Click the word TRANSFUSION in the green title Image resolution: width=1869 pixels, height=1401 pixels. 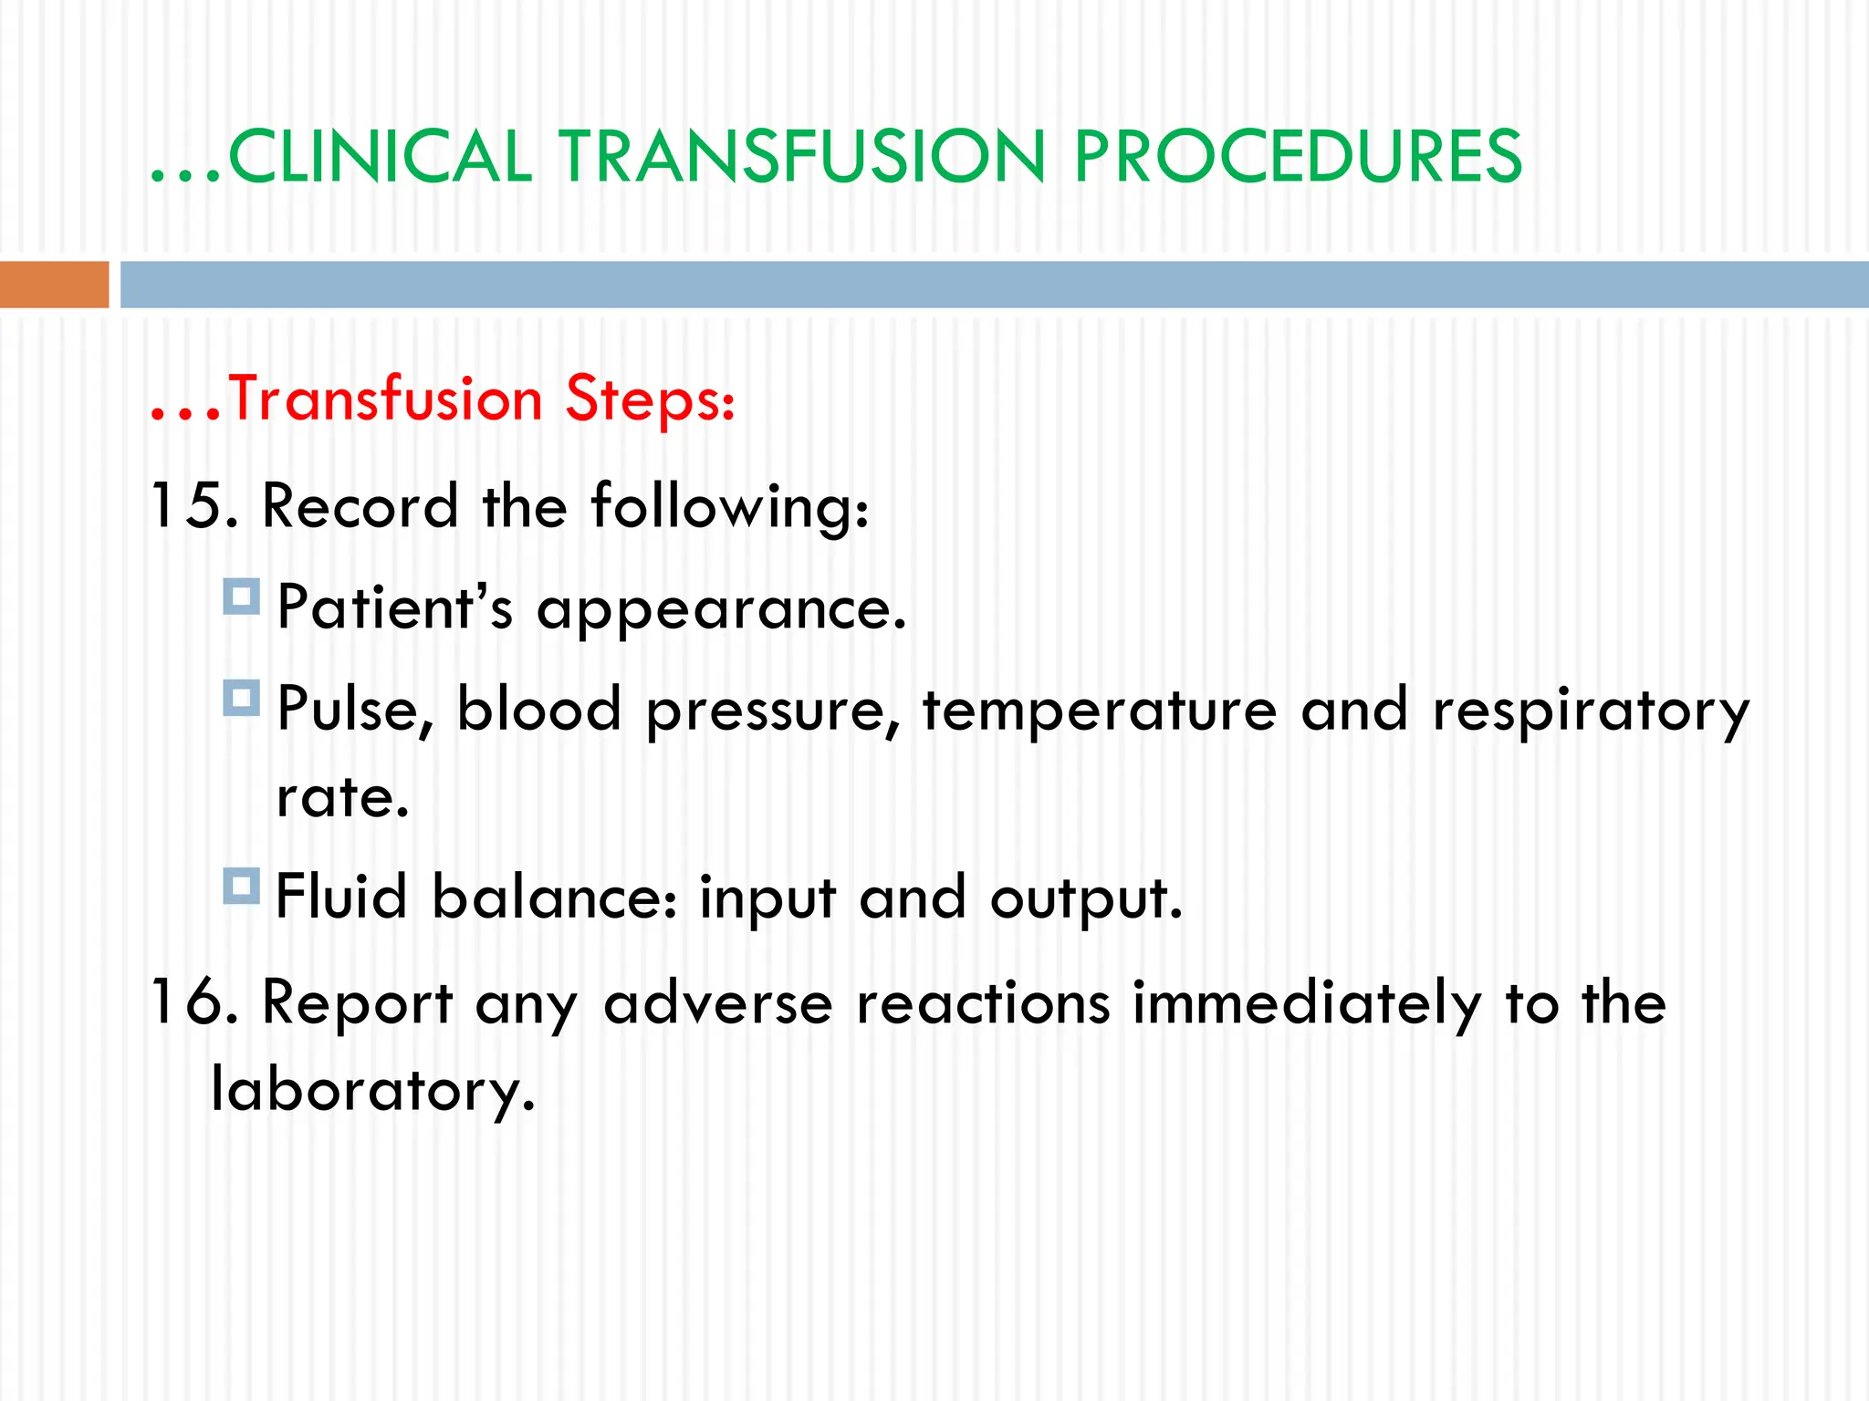pos(801,157)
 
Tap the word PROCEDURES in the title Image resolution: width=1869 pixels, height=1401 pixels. pos(1297,157)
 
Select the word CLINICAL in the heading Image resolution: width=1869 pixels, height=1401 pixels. pos(379,157)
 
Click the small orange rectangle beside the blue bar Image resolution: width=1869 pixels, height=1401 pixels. pos(54,285)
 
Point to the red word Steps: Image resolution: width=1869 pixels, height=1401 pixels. pos(650,400)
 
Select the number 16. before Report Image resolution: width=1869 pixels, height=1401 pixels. pos(194,1002)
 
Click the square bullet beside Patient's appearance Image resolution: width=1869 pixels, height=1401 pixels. pos(242,597)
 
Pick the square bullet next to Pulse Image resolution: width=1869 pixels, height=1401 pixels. pos(242,698)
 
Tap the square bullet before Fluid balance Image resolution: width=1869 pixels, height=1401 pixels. pos(242,886)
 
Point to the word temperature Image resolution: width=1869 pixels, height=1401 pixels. pos(1099,711)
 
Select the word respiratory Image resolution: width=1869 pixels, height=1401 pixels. pos(1590,711)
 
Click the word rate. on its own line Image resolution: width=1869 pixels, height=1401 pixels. pos(343,798)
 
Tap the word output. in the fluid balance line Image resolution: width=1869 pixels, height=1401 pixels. pos(1086,898)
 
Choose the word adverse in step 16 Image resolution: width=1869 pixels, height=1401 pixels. pos(718,1002)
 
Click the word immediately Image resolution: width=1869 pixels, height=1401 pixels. pos(1307,1002)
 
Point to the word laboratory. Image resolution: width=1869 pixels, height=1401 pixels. pos(372,1090)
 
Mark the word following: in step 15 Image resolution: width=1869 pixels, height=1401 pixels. pos(730,507)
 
